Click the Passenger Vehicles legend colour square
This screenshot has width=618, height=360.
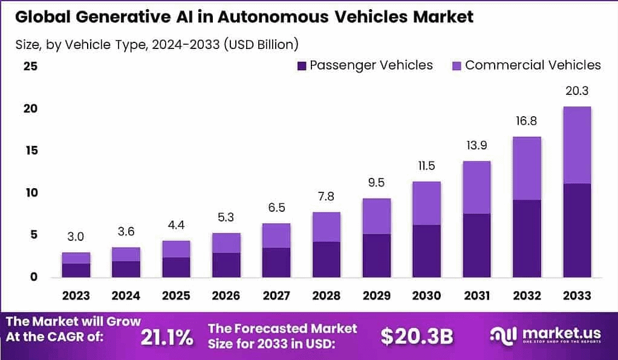302,65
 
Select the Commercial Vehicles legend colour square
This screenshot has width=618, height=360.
457,65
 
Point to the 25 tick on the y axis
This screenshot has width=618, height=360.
30,66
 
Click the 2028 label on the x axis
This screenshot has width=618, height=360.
326,295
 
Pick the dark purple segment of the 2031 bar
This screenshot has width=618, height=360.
475,245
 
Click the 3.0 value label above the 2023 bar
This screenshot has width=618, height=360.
76,237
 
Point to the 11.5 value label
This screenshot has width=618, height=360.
425,166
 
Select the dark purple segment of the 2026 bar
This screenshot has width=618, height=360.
226,265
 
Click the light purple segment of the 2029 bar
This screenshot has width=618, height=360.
376,216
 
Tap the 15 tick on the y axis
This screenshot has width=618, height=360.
30,151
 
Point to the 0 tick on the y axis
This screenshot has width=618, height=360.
33,277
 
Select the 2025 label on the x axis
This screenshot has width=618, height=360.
176,295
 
